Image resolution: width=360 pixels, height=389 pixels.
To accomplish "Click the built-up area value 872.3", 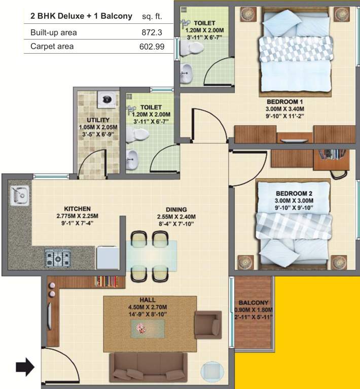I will [x=153, y=32].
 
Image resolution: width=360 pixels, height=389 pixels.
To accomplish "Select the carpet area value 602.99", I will [x=151, y=46].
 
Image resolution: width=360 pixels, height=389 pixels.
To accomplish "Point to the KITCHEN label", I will [x=77, y=208].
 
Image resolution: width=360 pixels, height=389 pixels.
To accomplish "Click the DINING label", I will [x=176, y=209].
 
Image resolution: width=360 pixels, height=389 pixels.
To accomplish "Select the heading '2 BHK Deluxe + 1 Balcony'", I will [x=81, y=16].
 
